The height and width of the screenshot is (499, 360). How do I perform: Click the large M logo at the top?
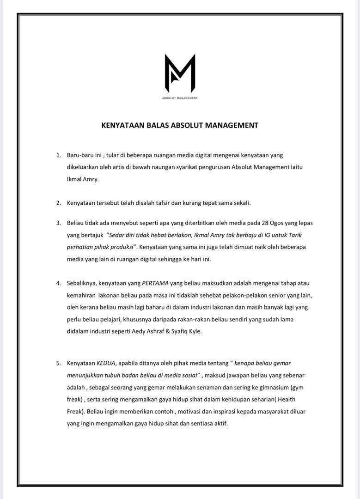coord(180,73)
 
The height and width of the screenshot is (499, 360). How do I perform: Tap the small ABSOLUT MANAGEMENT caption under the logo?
coord(180,98)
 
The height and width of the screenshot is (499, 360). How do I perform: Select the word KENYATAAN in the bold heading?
coord(121,125)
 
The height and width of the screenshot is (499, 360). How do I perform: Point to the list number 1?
coord(58,155)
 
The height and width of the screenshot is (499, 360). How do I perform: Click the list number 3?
coord(58,223)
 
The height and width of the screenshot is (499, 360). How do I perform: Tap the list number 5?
coord(58,363)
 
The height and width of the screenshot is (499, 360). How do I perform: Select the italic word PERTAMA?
coord(155,283)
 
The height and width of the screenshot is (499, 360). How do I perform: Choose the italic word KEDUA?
coord(105,363)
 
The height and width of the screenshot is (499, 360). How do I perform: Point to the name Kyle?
coord(194,331)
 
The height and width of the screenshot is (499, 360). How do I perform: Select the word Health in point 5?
coord(286,399)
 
